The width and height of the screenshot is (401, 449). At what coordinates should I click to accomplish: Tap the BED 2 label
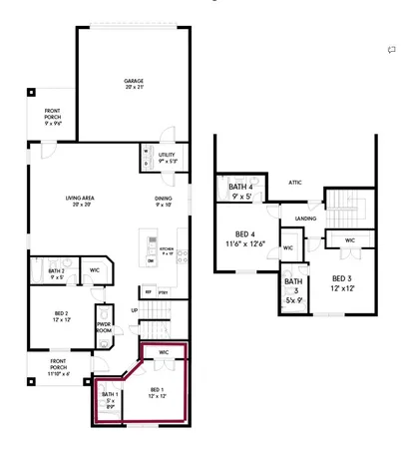(62, 316)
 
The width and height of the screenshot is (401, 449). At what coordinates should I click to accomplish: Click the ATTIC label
(294, 183)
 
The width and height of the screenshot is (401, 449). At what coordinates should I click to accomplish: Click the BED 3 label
(341, 282)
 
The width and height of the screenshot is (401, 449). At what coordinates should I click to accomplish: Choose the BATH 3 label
(292, 290)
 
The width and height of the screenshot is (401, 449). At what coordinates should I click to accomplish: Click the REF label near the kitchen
(149, 291)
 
